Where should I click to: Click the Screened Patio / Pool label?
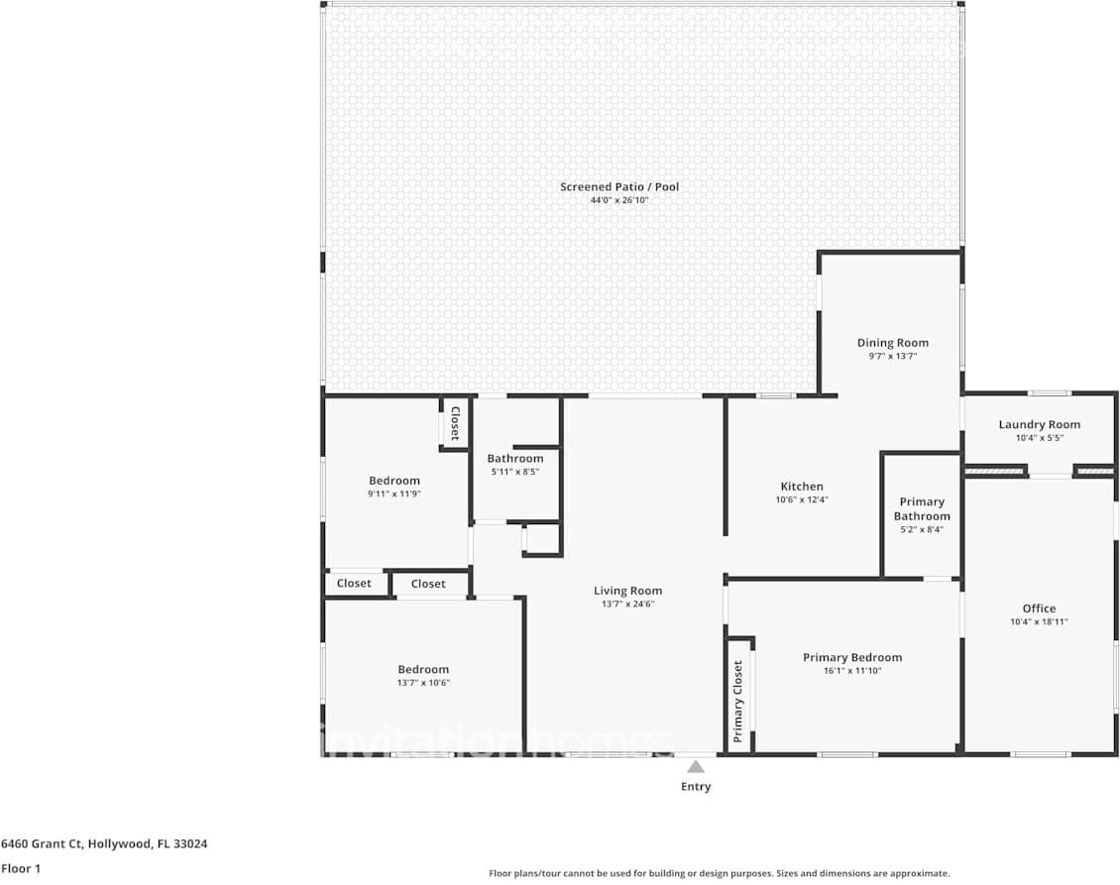(x=619, y=187)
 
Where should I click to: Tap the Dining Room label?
(x=893, y=343)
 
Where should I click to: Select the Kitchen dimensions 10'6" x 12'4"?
(x=802, y=500)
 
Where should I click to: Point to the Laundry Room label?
(x=1040, y=424)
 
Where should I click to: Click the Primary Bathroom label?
(x=922, y=509)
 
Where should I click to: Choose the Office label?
(x=1040, y=608)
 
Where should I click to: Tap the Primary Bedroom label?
(x=852, y=657)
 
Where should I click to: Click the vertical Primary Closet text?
(x=737, y=702)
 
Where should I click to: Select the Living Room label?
(x=627, y=591)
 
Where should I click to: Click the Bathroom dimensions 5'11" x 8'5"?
(x=515, y=472)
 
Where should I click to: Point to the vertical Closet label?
(x=454, y=423)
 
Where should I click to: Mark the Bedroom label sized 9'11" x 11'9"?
(x=394, y=481)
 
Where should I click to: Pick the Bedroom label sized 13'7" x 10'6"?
(x=423, y=669)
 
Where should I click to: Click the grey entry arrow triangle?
(x=696, y=767)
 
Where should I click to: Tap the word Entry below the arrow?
(x=696, y=787)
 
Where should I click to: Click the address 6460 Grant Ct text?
(x=43, y=843)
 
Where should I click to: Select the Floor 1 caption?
(x=21, y=868)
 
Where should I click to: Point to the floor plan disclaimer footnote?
(x=720, y=873)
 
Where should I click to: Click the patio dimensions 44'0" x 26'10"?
(x=619, y=201)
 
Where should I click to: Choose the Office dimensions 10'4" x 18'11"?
(x=1040, y=622)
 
